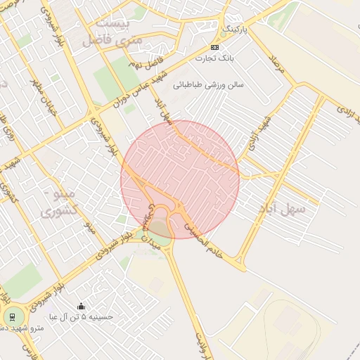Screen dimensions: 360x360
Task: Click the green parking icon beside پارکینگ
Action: tap(224, 32)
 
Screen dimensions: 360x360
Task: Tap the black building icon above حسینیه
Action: tap(81, 307)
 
